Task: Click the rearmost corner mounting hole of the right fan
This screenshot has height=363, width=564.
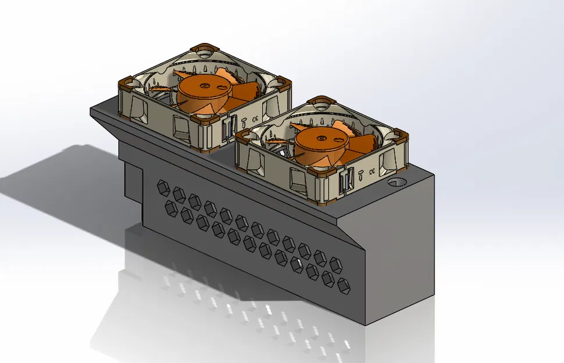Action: click(321, 102)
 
